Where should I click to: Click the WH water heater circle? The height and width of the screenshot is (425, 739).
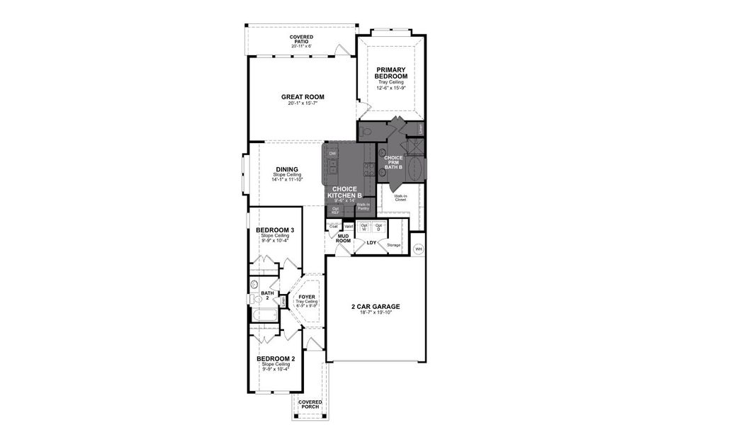tap(418, 249)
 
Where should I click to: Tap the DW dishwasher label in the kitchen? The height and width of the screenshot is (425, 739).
tap(332, 154)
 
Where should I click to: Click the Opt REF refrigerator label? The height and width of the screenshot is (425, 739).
tap(335, 210)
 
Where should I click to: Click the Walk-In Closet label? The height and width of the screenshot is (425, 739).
tap(400, 199)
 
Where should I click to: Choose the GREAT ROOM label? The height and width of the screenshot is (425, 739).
tap(303, 97)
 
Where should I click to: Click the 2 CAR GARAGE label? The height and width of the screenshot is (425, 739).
tap(376, 307)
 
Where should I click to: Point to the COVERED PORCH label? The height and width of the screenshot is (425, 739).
tap(310, 404)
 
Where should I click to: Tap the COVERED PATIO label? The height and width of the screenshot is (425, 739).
tap(302, 40)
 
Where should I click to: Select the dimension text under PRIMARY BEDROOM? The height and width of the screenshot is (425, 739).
tap(391, 89)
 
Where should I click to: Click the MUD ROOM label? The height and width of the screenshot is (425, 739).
tap(343, 239)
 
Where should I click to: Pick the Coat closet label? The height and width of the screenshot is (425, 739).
tap(333, 227)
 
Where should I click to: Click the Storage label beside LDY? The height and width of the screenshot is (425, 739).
tap(394, 245)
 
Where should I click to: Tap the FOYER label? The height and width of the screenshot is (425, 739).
tap(307, 297)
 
